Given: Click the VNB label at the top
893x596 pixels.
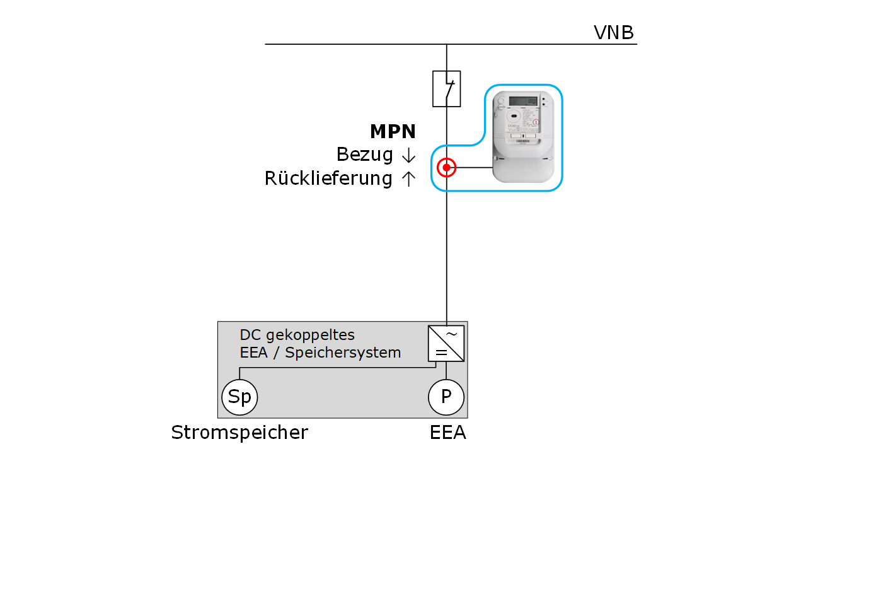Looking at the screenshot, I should [613, 32].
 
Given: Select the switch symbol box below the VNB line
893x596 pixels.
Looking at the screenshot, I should [446, 88].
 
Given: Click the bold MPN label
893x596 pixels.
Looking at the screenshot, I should [393, 131].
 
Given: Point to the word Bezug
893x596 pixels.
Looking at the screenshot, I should [364, 155].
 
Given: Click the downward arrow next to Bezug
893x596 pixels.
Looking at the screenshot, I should [408, 155].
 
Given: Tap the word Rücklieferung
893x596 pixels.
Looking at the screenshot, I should [328, 178].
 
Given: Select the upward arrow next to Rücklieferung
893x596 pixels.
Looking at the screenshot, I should [408, 179].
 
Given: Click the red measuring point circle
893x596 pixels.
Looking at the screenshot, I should [446, 168].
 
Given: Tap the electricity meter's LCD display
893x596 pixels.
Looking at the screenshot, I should [522, 101].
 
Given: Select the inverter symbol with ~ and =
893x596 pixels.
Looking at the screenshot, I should [446, 344].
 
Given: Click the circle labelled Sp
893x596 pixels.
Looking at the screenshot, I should [239, 397].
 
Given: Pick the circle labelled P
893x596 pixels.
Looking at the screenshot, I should [446, 397].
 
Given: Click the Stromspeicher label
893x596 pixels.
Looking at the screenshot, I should [239, 433].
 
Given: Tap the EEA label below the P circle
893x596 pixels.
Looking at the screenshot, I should [447, 433].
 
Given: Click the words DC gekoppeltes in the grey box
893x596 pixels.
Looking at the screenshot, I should [297, 335].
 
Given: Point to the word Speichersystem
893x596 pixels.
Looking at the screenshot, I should [343, 353].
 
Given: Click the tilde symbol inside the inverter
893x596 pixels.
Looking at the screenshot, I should [452, 334].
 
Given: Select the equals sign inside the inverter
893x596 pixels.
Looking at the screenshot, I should [441, 353].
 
